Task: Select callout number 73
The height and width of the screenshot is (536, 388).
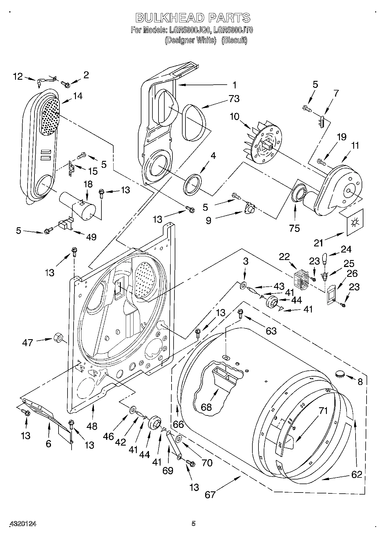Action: click(x=234, y=99)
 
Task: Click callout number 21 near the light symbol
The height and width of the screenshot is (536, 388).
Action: click(x=318, y=243)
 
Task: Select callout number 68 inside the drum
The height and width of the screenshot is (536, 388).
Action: click(x=207, y=407)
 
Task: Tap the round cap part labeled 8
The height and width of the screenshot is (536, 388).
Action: click(x=340, y=374)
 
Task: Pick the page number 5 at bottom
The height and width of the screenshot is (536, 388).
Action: click(x=194, y=523)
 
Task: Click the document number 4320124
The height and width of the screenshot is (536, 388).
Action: click(x=23, y=524)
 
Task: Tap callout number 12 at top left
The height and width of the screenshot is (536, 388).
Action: click(x=18, y=77)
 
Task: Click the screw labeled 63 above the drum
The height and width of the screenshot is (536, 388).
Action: click(x=240, y=314)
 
